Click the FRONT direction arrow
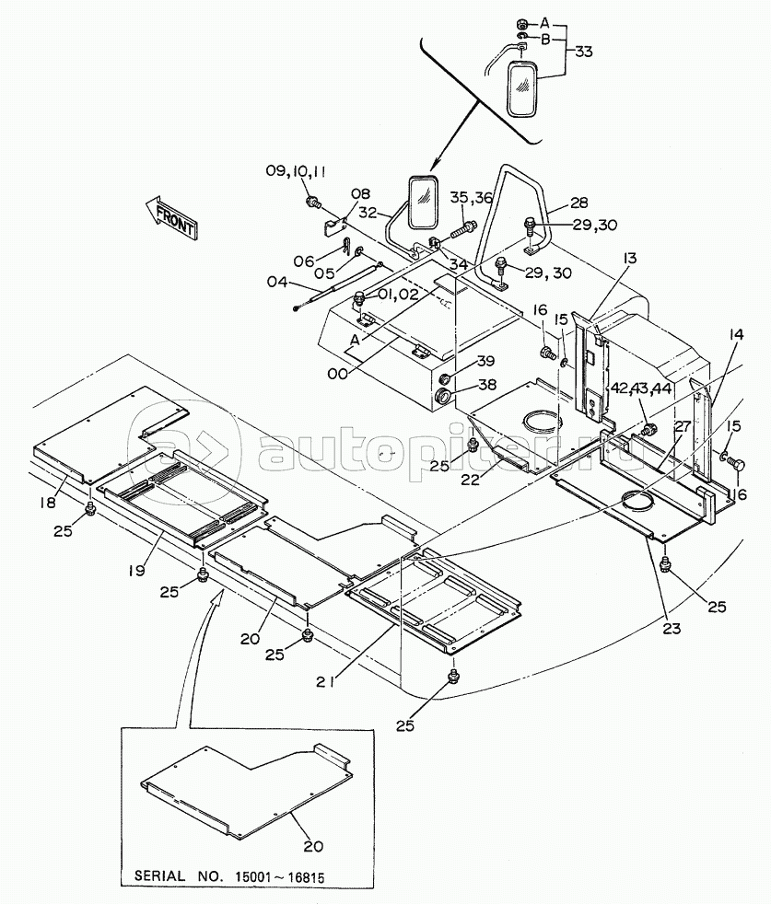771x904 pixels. (x=170, y=217)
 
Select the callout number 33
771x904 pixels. (x=583, y=52)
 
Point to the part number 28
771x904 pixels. (x=578, y=203)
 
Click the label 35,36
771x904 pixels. (x=472, y=198)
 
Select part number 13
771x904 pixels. (x=630, y=258)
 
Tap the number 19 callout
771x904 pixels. (x=136, y=570)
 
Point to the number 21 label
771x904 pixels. (x=325, y=681)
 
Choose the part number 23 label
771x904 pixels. (x=672, y=628)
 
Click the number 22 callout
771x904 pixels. (x=471, y=479)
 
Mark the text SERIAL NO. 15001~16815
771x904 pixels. (x=229, y=877)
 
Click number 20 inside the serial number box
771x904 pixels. (x=313, y=846)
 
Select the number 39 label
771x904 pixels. (x=485, y=361)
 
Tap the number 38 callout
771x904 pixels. (x=487, y=385)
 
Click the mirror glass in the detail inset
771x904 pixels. (x=523, y=89)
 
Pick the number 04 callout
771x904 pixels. (x=276, y=283)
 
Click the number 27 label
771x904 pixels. (x=683, y=426)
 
